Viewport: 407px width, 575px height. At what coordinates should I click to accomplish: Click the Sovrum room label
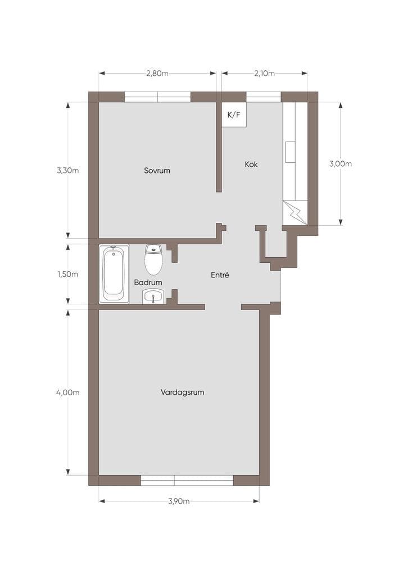coord(157,171)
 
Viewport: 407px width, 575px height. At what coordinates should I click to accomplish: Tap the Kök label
coord(251,165)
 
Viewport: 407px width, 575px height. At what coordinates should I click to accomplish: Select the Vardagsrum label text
coord(182,393)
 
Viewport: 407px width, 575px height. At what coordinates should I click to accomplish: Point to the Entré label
coord(220,275)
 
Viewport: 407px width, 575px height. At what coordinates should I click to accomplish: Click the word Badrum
coord(148,282)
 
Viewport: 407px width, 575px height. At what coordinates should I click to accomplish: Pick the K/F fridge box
coord(234,115)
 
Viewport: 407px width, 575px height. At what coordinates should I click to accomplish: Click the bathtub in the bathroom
coord(114,274)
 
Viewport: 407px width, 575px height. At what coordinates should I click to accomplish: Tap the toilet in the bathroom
coord(153,259)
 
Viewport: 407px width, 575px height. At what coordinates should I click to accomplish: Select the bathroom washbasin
coord(154,296)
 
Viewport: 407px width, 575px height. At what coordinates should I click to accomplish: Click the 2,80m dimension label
coord(157,74)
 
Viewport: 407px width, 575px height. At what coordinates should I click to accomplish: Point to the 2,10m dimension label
coord(265,74)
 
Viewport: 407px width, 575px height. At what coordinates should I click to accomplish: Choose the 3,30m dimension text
coord(68,171)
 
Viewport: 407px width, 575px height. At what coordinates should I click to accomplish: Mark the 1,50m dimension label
coord(68,274)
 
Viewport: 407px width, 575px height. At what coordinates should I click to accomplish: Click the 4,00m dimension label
coord(68,393)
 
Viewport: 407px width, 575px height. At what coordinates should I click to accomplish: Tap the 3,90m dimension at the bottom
coord(179,501)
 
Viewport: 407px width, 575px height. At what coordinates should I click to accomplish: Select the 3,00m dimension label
coord(341,164)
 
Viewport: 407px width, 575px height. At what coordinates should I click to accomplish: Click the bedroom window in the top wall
coord(158,97)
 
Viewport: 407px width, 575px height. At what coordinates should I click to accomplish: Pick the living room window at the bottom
coord(187,481)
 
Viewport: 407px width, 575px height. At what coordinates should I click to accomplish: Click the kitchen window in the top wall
coord(264,97)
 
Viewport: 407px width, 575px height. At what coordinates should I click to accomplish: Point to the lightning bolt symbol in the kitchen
coord(295,213)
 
